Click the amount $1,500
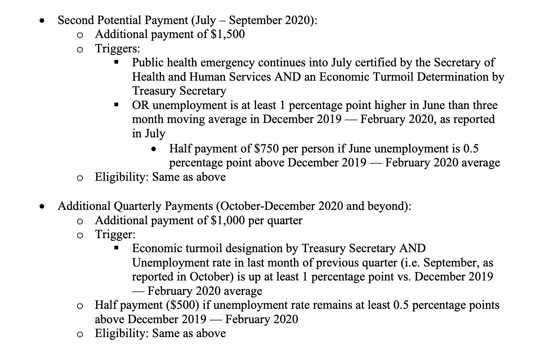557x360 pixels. (x=228, y=34)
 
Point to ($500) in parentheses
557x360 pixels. (x=182, y=305)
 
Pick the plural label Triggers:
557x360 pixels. (x=118, y=48)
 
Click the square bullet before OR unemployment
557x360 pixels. (x=116, y=105)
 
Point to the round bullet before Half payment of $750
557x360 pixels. (x=154, y=149)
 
